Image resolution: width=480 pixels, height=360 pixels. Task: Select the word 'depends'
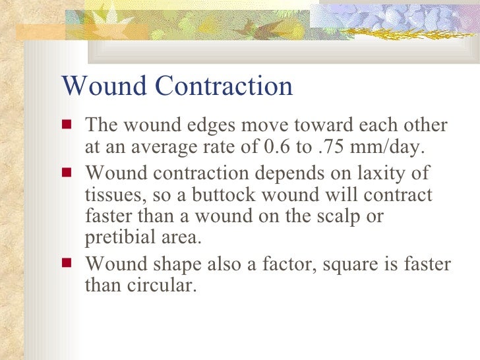pyautogui.click(x=286, y=174)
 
